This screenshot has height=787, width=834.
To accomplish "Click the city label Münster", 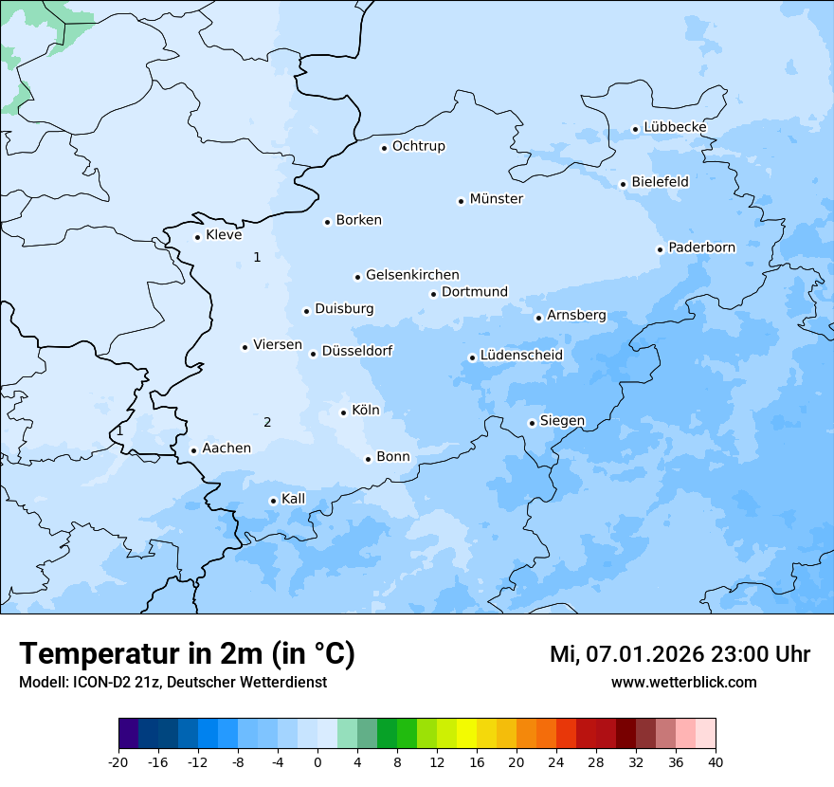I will click(x=496, y=199).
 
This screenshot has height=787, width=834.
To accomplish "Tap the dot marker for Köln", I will click(x=344, y=412).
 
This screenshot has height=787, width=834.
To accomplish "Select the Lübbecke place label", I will click(x=675, y=127).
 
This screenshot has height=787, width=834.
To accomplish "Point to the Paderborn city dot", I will click(x=661, y=249).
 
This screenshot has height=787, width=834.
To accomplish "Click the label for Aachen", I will click(x=227, y=448).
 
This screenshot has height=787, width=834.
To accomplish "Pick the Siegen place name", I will click(x=562, y=421).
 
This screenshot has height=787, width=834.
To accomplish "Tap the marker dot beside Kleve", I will click(x=198, y=237).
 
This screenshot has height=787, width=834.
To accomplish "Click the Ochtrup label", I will click(x=418, y=146).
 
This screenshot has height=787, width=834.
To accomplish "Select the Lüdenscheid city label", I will click(x=521, y=356).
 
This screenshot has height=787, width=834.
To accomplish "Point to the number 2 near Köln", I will click(x=267, y=423).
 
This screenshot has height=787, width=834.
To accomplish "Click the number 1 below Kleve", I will click(x=257, y=257).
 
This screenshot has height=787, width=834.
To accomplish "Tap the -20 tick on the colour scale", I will click(x=118, y=762).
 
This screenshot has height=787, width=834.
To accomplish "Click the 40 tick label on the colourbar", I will click(x=716, y=762).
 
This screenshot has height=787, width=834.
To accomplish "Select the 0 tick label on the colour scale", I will click(x=317, y=762).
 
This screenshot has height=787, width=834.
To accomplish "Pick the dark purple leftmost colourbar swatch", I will click(x=128, y=734).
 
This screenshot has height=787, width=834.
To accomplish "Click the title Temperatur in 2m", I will click(x=187, y=654).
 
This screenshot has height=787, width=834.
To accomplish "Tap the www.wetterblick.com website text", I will click(x=683, y=682).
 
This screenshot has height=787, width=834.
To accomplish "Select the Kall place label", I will click(x=294, y=499).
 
